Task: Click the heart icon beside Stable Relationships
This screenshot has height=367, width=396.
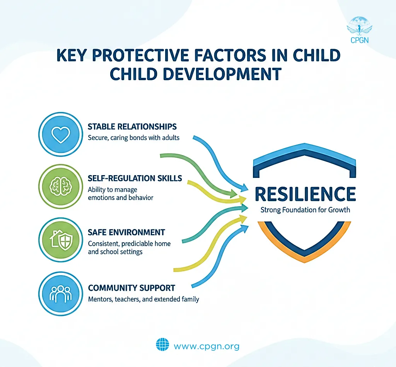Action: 60,134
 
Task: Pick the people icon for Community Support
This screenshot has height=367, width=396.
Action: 60,293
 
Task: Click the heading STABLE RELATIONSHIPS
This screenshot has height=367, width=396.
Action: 132,127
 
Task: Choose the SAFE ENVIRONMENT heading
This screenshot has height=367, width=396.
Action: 126,233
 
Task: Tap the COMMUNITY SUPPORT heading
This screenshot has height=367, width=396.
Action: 131,288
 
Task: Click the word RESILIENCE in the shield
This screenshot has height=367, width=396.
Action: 305,194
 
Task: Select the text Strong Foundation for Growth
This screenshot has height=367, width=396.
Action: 305,210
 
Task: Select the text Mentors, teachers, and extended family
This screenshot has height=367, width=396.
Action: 143,299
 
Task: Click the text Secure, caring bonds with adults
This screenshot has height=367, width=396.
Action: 133,138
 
